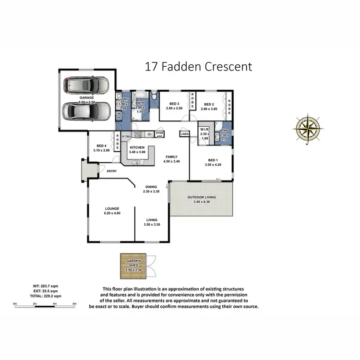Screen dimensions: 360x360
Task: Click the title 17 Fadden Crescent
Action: [198, 67]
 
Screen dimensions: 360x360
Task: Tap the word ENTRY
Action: [112, 171]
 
